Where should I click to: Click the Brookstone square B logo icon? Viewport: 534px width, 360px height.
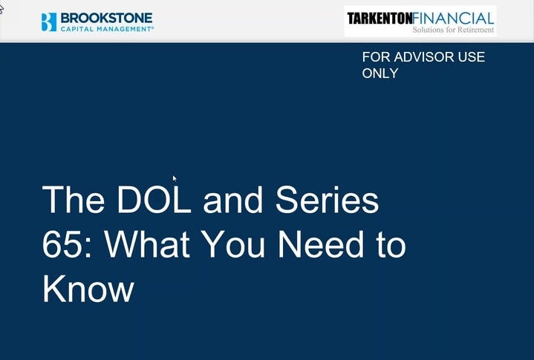(x=49, y=22)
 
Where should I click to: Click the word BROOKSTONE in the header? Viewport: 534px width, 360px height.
(x=107, y=18)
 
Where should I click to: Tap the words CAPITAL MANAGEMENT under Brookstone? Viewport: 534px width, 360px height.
(x=106, y=29)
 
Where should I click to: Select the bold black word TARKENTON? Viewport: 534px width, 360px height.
(x=380, y=19)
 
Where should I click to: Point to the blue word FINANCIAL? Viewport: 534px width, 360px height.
(x=453, y=19)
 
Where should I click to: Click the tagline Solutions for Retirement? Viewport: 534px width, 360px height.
(x=453, y=30)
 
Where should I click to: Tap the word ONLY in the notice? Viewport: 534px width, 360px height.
(x=380, y=73)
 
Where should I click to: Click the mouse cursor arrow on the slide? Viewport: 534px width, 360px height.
(x=175, y=179)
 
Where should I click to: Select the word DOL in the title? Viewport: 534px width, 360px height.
(x=154, y=200)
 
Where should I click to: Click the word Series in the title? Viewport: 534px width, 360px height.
(x=327, y=200)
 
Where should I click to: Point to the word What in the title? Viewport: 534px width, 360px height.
(x=147, y=244)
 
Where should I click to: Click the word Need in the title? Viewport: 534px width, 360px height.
(x=321, y=244)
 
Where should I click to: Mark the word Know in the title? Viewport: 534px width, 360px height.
(x=88, y=289)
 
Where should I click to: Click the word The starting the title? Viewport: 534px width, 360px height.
(x=74, y=200)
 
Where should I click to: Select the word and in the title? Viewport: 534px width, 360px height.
(x=233, y=200)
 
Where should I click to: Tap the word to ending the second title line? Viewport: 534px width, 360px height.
(x=391, y=244)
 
